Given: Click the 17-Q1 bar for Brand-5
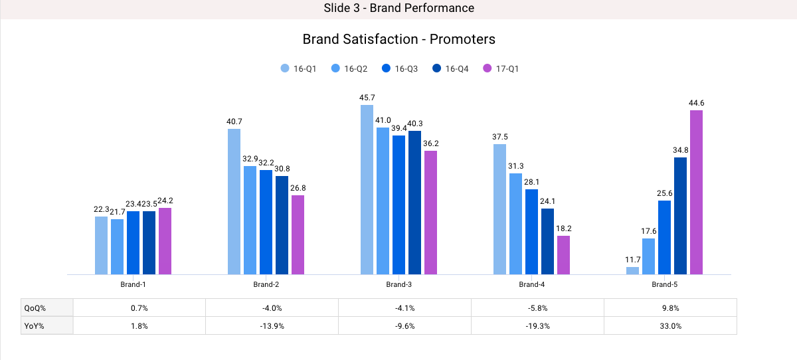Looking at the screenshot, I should [696, 192].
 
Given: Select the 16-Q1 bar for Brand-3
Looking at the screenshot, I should [367, 189].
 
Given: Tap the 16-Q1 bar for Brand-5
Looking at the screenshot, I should [632, 270].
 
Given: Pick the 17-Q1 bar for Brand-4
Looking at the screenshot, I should [563, 255].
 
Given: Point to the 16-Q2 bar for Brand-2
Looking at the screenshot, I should [250, 220].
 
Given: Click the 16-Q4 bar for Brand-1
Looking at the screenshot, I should [149, 242].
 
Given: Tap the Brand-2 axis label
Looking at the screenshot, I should [266, 284].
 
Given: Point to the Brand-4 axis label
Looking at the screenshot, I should [531, 284].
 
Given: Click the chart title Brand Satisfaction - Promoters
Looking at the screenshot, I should [398, 39].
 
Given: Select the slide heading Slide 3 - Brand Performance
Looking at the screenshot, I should [398, 8].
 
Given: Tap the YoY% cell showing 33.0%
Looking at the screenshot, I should [670, 326].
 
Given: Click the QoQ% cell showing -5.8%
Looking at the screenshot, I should [537, 308].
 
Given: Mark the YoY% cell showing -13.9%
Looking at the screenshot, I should [272, 326].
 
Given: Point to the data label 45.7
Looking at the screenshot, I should [367, 98].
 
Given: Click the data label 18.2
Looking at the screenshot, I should [563, 228].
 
